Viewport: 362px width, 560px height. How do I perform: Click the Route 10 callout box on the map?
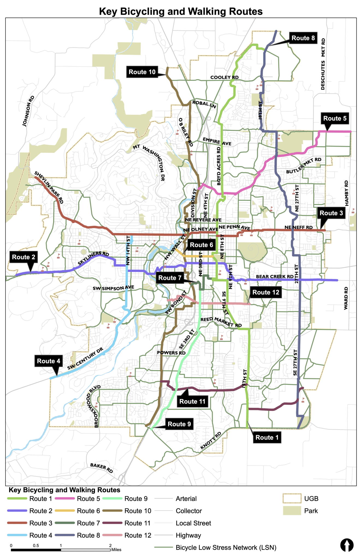pos(142,72)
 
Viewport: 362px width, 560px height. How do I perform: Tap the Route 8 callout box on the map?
pos(303,38)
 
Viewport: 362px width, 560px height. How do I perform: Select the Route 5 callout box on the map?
pos(335,118)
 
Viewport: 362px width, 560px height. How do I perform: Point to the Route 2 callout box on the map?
pos(23,257)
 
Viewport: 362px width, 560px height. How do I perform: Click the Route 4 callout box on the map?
pos(48,361)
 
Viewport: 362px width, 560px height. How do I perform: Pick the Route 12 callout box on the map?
pos(266,292)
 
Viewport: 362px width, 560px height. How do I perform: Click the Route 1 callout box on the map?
pos(267,437)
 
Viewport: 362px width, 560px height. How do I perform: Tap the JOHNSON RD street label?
pos(28,111)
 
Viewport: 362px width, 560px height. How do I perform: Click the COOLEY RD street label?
pos(224,77)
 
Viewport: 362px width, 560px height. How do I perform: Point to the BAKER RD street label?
pos(101,468)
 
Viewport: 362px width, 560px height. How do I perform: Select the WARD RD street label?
pos(346,298)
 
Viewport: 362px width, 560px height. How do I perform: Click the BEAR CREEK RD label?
pos(275,276)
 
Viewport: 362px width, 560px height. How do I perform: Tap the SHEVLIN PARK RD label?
pos(49,187)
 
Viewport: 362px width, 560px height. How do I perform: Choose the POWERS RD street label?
pos(171,353)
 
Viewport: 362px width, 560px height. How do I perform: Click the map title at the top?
pos(181,11)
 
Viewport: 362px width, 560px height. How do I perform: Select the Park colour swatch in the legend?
pos(292,511)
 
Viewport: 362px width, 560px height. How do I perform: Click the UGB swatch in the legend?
pos(292,498)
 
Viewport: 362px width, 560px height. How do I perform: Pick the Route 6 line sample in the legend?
pos(65,511)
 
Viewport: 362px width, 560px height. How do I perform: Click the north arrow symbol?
pos(347,545)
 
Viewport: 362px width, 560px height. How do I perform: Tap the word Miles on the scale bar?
pos(116,550)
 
